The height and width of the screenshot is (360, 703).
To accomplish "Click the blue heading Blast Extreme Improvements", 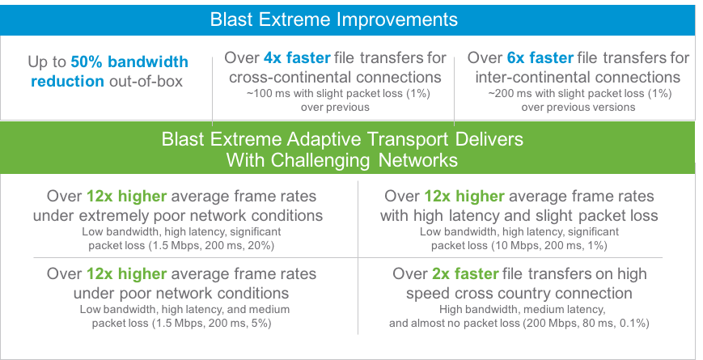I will coord(333,19).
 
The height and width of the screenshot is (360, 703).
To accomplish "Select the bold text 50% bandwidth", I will coord(129,61).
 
